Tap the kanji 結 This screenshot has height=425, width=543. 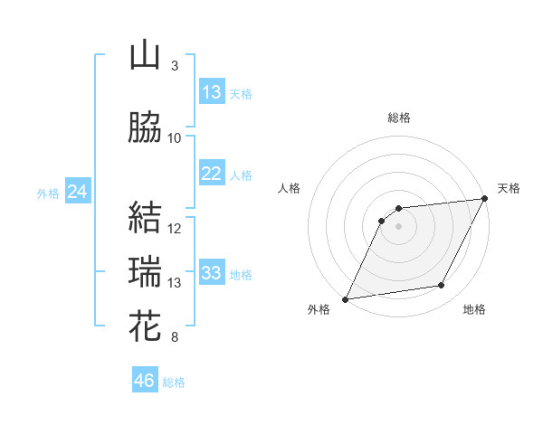pos(146,218)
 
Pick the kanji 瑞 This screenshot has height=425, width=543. pos(146,272)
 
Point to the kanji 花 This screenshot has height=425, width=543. pos(146,326)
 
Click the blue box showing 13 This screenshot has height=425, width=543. pos(212,92)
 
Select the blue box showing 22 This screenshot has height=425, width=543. pos(212,174)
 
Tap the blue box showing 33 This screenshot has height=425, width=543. pos(212,273)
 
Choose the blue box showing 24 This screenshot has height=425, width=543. pos(78,192)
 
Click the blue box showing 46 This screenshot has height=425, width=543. pos(145,381)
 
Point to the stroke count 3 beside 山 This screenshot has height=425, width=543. pos(175,66)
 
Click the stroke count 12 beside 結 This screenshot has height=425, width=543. pos(175,229)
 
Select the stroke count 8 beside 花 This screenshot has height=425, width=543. pos(175,338)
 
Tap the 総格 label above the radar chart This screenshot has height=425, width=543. pos(399,118)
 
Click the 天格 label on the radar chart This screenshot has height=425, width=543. pos(509,188)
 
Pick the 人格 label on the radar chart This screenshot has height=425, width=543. pos(289,188)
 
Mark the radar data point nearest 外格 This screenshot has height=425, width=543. pos(345,298)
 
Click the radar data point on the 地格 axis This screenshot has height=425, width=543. pos(442,286)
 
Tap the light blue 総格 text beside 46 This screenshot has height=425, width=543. pos(174,382)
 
